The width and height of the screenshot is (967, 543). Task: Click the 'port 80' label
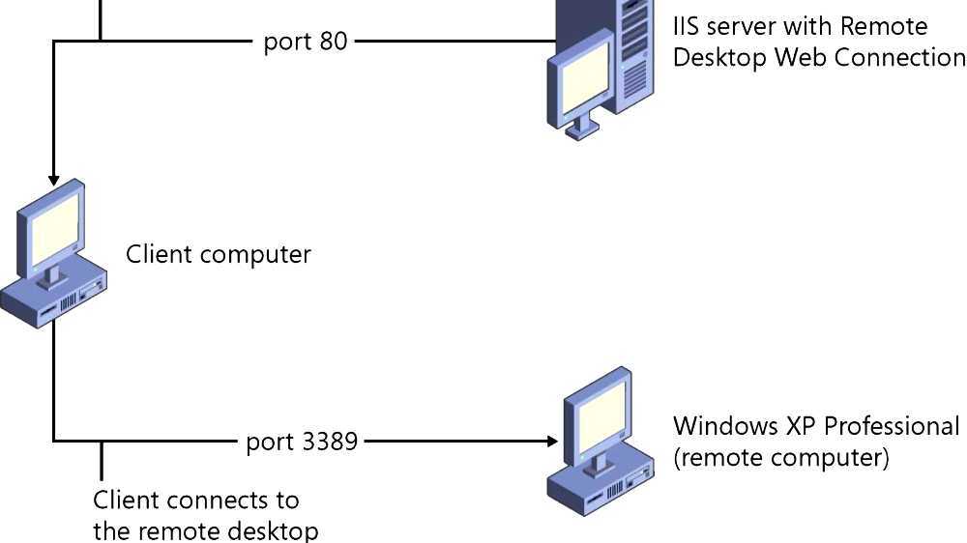[x=305, y=43]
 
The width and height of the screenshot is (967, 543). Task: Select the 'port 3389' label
[x=302, y=442]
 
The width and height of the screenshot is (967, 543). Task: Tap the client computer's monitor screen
[x=52, y=226]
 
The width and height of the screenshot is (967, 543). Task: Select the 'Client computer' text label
[x=219, y=255]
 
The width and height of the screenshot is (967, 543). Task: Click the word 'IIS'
[x=688, y=25]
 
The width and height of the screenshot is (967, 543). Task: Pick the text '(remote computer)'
[x=780, y=457]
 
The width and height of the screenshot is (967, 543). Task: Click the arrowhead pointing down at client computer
[x=54, y=180]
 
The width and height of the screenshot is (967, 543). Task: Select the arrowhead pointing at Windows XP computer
[x=553, y=442]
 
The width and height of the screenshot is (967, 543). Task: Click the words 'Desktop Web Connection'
[x=819, y=57]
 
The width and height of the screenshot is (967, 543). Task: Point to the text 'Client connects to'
[x=196, y=500]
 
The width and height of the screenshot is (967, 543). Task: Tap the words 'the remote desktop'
[x=206, y=530]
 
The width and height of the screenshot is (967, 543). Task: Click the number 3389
[x=330, y=442]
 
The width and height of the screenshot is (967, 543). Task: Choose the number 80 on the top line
[x=333, y=43]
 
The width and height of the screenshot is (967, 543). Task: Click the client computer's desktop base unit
[x=54, y=299]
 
